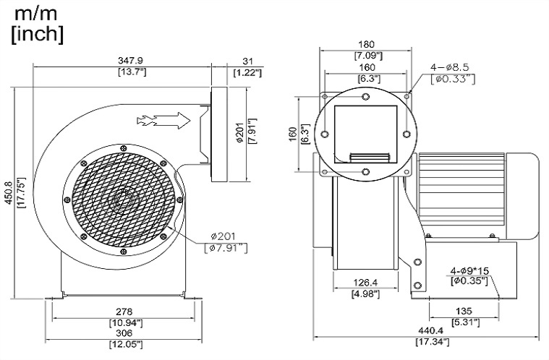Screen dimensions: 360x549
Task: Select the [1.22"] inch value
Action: pyautogui.click(x=247, y=72)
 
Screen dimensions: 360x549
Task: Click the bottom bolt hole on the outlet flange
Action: pyautogui.click(x=366, y=172)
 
